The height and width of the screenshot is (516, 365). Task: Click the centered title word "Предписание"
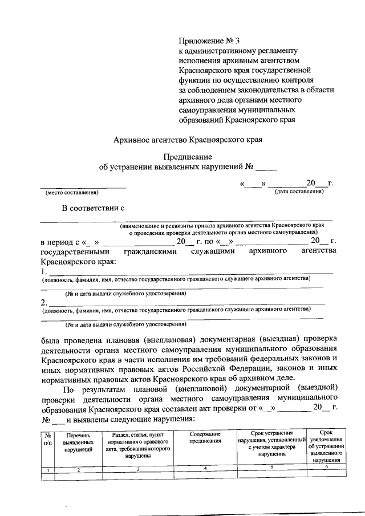coord(188,157)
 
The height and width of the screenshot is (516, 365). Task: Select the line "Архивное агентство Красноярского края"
coord(188,139)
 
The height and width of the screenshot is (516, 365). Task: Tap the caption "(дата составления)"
coord(299,192)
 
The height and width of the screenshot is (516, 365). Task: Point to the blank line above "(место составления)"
coord(83,186)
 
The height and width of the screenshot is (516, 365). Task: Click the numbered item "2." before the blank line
coord(44,301)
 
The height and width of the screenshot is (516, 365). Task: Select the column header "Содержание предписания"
coord(205,438)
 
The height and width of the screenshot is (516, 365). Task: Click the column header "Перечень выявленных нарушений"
coord(78,442)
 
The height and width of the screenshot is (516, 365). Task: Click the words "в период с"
coord(60,242)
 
